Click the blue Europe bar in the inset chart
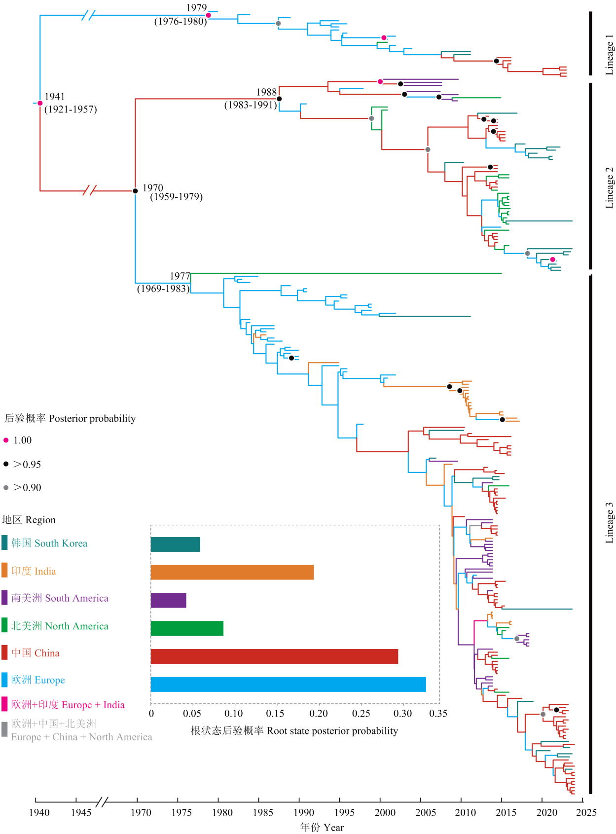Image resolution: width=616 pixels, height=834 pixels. (288, 685)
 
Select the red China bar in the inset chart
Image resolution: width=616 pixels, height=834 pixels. (274, 656)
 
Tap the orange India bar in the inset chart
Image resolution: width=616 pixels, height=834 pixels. (232, 572)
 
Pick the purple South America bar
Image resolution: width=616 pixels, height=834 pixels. (168, 600)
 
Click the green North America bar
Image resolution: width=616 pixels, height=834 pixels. (187, 628)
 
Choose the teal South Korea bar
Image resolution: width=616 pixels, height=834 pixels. (175, 544)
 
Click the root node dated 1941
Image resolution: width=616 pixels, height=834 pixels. (40, 103)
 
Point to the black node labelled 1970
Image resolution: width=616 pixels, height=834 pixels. (135, 191)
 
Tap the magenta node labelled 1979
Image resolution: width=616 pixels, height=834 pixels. (208, 15)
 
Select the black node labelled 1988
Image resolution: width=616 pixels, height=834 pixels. (279, 99)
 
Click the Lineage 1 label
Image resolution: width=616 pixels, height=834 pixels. (610, 54)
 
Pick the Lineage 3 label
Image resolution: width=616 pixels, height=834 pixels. (610, 523)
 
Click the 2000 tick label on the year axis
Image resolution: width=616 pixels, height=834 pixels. (385, 813)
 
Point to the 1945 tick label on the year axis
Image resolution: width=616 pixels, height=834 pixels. (81, 813)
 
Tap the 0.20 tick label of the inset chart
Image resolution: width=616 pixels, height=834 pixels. (318, 714)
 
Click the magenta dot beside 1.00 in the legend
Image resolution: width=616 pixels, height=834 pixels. (6, 440)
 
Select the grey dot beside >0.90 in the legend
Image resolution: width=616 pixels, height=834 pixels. (6, 488)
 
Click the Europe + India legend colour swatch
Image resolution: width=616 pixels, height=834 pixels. (4, 704)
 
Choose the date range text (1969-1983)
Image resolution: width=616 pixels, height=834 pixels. (163, 289)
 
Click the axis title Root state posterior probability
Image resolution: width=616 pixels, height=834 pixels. (294, 731)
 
